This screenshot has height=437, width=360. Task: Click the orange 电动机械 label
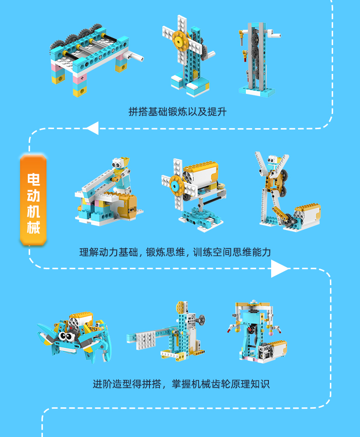(33, 200)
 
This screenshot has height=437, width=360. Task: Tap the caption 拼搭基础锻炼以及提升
(177, 112)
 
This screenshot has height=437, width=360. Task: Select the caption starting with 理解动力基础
(175, 252)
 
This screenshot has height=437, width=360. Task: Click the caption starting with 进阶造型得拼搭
(181, 384)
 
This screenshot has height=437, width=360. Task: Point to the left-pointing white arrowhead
(93, 128)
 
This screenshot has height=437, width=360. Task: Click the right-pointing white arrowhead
(280, 269)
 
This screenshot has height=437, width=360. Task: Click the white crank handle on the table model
(135, 57)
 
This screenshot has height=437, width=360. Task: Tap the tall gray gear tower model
(257, 59)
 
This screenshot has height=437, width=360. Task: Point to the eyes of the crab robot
(66, 336)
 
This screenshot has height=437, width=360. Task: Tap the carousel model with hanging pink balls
(257, 332)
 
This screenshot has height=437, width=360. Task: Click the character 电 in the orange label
(33, 179)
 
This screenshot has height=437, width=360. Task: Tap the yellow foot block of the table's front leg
(80, 91)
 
